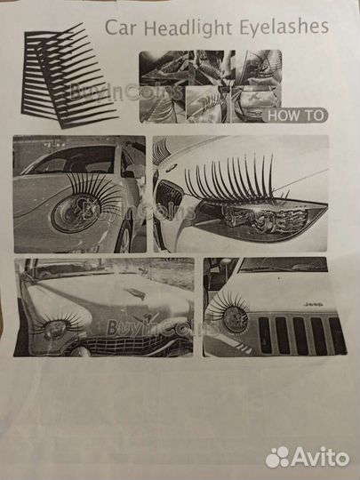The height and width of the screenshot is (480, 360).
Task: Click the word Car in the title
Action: tap(121, 28)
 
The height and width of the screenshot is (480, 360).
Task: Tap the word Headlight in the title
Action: tap(188, 29)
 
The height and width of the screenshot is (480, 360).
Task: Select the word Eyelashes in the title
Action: tap(284, 28)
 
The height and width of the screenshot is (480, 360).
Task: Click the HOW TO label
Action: tap(295, 116)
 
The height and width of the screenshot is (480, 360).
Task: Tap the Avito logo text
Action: tap(320, 458)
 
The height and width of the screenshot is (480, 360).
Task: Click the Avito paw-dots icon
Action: tap(277, 457)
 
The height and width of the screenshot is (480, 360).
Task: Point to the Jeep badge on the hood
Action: tap(313, 305)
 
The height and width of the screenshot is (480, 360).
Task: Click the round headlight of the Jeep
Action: tap(235, 319)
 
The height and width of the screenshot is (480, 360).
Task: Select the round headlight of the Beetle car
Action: tap(74, 212)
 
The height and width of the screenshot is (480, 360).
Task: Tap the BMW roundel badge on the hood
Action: tap(172, 167)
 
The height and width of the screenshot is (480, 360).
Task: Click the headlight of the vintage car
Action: tap(55, 329)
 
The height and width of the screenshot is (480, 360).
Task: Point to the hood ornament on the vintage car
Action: tap(136, 293)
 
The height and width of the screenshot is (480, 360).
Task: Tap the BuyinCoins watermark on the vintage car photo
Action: tap(163, 327)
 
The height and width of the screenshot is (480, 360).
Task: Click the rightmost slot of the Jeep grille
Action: tap(338, 336)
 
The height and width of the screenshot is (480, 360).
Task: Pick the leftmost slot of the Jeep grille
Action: tap(265, 335)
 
